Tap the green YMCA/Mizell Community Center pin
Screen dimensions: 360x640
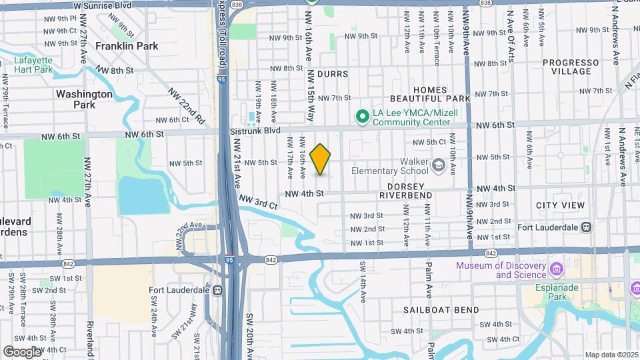tap(363, 117)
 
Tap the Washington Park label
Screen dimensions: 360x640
tap(85, 99)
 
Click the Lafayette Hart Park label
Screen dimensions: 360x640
tap(33, 64)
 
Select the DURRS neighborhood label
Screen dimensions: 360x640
tap(333, 73)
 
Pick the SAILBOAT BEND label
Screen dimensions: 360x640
tap(441, 310)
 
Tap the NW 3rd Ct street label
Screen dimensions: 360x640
tap(258, 203)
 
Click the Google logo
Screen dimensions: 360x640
tap(22, 351)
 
